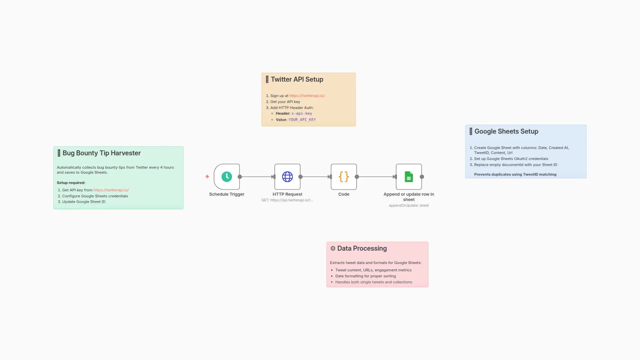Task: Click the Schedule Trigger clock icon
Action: (x=227, y=177)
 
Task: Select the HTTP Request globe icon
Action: (x=287, y=177)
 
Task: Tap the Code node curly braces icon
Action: (x=344, y=177)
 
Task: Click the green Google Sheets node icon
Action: (x=409, y=177)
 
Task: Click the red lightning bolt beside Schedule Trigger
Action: (x=207, y=177)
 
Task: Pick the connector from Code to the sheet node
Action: (x=376, y=177)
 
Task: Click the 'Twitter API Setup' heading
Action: (x=297, y=79)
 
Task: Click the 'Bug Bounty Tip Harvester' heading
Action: (x=101, y=153)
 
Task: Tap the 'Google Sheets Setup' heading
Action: (x=506, y=131)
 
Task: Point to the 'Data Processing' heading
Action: (x=362, y=248)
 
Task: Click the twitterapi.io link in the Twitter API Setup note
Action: (x=307, y=96)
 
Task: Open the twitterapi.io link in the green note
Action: (x=111, y=190)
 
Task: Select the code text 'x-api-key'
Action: (x=302, y=113)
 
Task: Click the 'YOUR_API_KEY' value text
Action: (x=302, y=120)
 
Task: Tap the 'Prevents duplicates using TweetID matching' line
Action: (x=515, y=174)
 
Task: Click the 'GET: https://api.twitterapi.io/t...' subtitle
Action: (x=287, y=200)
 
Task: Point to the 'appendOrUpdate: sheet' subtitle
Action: (x=409, y=205)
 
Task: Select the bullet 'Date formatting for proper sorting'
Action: (x=365, y=276)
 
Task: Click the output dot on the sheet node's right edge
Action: (x=422, y=177)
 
